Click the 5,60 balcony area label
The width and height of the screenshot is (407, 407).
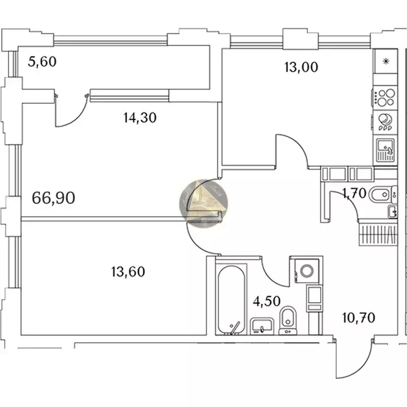click(x=42, y=62)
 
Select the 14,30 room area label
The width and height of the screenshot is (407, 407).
click(x=139, y=118)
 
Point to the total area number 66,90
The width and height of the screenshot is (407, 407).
click(x=54, y=198)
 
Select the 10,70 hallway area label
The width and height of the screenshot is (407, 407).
click(x=359, y=318)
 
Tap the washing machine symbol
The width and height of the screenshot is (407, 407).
click(x=306, y=270)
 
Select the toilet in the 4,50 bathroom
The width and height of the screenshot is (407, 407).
click(x=287, y=319)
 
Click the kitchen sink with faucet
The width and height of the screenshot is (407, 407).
click(x=385, y=150)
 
